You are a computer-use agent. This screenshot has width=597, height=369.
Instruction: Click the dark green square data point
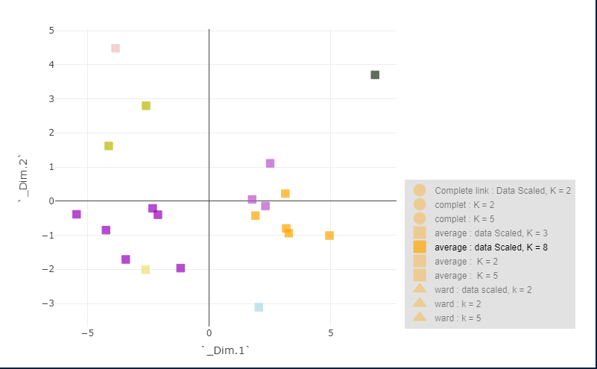click(375, 75)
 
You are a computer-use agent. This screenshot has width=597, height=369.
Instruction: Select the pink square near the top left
click(116, 48)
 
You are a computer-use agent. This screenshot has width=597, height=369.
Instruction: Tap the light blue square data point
click(259, 307)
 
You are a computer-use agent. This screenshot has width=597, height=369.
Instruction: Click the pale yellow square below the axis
click(145, 270)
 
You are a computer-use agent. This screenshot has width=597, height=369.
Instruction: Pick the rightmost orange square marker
click(329, 236)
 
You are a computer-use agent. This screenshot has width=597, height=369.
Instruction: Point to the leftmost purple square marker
click(76, 215)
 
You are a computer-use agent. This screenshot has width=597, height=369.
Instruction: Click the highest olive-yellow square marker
click(146, 106)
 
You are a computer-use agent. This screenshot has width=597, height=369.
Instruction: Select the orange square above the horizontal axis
click(285, 194)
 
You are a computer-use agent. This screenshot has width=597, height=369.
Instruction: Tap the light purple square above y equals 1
click(270, 163)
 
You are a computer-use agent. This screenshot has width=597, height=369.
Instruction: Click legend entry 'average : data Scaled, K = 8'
click(491, 247)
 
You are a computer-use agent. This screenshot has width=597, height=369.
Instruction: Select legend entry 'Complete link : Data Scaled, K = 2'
click(502, 191)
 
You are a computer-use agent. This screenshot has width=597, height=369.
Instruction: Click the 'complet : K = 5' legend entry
click(464, 218)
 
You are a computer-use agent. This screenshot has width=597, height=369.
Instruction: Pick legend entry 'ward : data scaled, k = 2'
click(483, 289)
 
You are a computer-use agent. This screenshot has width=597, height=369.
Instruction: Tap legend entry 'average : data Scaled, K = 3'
click(491, 233)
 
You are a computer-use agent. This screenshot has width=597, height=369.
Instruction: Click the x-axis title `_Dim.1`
click(224, 350)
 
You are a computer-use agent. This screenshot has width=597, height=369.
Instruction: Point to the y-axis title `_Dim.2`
click(22, 179)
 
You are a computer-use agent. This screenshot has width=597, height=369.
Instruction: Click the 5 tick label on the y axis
click(51, 31)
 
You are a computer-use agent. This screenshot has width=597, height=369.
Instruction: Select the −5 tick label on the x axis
click(87, 332)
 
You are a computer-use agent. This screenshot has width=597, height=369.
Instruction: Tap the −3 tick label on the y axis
click(49, 303)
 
